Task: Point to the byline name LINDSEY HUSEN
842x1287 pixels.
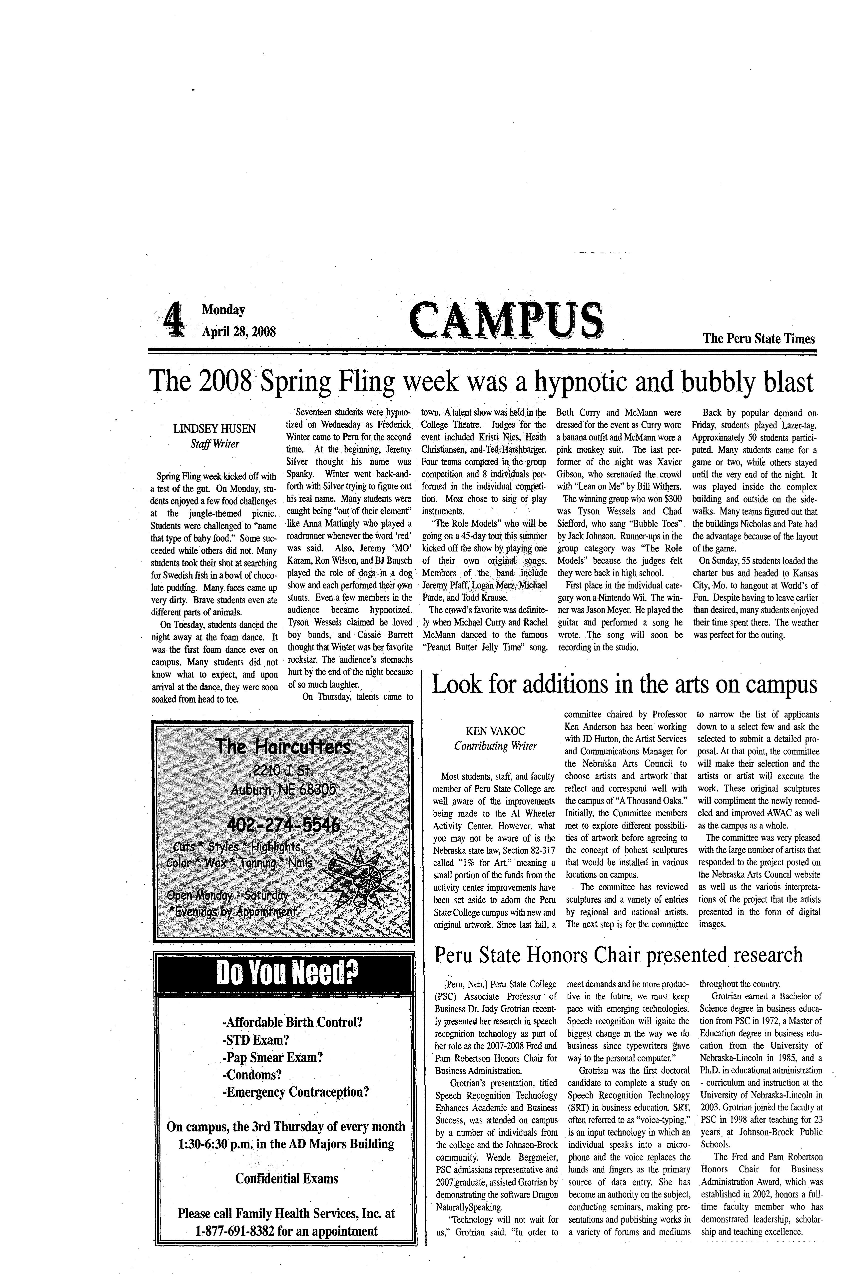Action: coord(214,429)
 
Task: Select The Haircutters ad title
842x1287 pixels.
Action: coord(283,747)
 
